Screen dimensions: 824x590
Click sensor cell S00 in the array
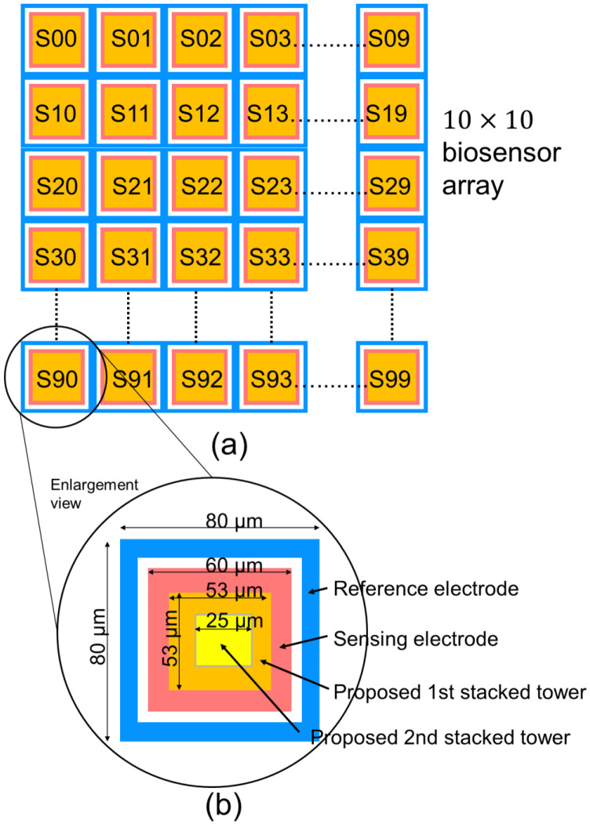(56, 39)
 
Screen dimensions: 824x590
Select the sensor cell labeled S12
(200, 112)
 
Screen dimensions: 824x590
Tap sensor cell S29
(391, 187)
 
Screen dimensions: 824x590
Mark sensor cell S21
(129, 187)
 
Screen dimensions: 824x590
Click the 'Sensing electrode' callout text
(417, 639)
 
